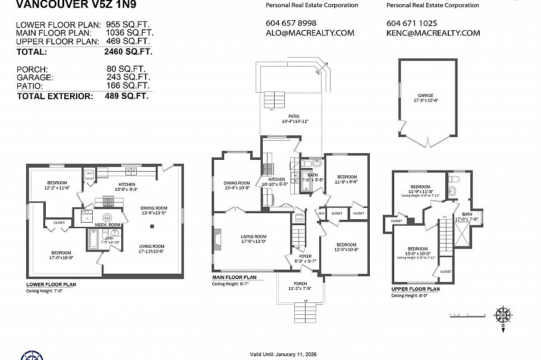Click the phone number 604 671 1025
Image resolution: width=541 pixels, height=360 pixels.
411,23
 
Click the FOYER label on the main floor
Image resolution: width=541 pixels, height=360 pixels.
305,257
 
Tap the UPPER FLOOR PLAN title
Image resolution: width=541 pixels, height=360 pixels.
415,289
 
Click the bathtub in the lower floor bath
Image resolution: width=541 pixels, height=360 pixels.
94,239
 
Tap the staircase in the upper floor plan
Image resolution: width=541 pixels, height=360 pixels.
444,238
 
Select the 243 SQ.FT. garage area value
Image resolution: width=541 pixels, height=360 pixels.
127,77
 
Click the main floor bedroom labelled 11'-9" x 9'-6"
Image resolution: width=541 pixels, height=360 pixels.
347,178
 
